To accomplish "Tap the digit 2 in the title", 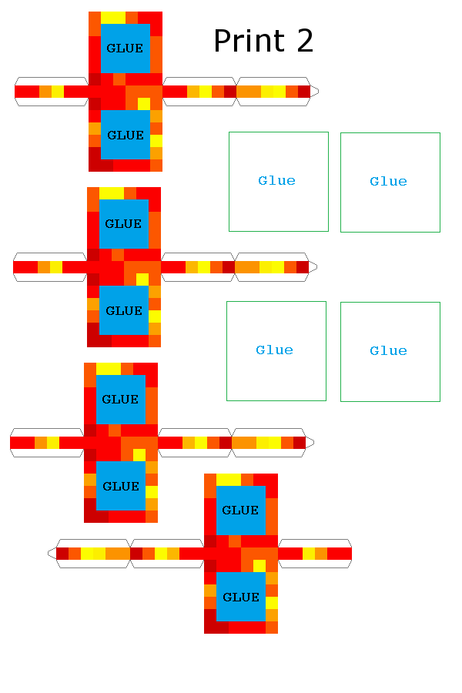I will pos(304,41).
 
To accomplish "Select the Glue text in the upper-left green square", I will pos(277,181).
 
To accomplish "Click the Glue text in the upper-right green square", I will pos(388,182).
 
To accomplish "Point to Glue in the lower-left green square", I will pos(275,350).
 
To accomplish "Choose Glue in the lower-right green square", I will pos(388,351).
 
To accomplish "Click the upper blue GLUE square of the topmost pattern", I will pos(125,49).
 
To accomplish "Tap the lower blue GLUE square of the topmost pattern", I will pos(126,135).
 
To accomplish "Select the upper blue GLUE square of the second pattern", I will pos(123,224).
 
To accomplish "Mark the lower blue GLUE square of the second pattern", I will pos(124,310).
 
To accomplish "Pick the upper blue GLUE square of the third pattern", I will pos(120,400).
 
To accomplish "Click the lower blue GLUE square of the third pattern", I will pos(121,486).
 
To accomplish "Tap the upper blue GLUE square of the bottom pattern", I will pos(240,511).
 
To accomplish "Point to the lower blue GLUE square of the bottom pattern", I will pos(241,597).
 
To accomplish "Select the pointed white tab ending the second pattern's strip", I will pos(313,267).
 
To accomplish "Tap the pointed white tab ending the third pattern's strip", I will pos(310,443).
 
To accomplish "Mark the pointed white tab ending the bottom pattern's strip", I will pos(52,554).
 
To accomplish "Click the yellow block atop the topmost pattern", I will pos(113,18).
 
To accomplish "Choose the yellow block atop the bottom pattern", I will pos(229,480).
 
